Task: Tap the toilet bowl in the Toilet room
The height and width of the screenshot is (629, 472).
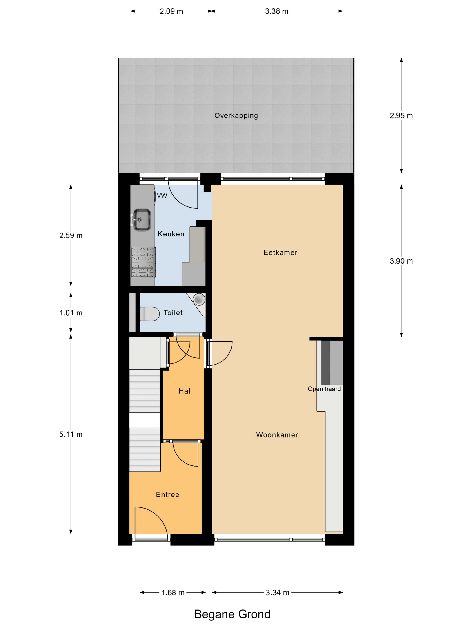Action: [x=150, y=314]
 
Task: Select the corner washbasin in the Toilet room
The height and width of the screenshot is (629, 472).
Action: [x=199, y=299]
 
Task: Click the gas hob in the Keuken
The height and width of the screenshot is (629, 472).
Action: [x=143, y=262]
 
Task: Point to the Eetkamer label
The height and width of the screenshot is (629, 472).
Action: [x=280, y=252]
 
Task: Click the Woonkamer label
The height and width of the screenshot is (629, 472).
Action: [x=277, y=435]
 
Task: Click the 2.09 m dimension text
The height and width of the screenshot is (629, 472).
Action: [x=171, y=11]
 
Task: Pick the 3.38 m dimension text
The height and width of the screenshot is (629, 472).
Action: [x=276, y=11]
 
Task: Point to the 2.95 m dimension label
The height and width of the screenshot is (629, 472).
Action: [x=401, y=116]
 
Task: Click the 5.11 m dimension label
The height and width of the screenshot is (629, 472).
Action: [x=71, y=434]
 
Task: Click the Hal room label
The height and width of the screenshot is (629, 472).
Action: [x=184, y=391]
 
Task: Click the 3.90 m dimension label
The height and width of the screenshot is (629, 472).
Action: [x=401, y=261]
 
